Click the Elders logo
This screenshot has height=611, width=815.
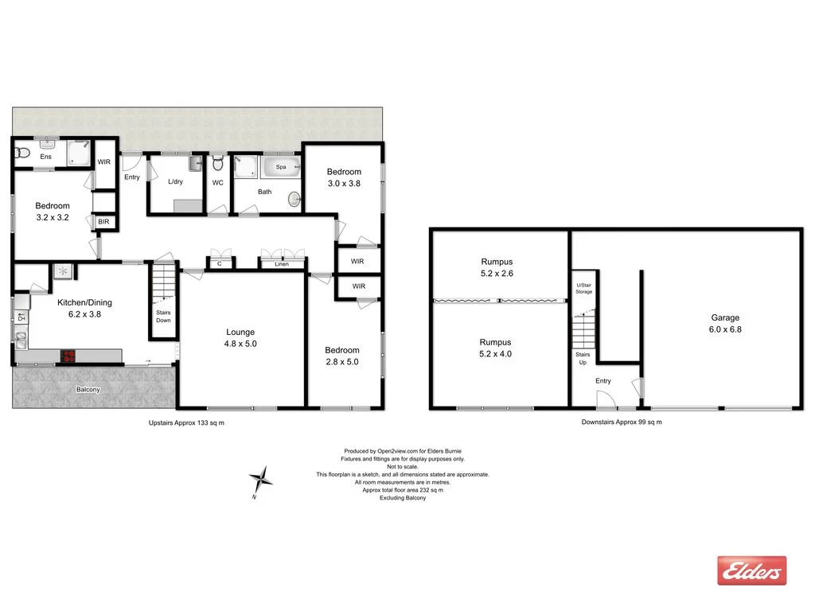coord(751,570)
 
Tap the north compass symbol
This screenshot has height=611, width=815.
coord(261,479)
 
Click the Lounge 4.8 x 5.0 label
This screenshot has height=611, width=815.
coord(240,338)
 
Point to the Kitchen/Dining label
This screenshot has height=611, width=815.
coord(84,308)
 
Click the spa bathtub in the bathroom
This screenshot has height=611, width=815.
coord(281,168)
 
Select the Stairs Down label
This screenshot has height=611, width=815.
coord(163,316)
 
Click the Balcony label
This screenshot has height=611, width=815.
coord(88,390)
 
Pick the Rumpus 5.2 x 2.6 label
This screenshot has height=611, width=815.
coord(497,267)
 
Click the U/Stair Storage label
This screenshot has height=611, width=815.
coord(584,289)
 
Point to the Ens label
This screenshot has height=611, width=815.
coord(45,157)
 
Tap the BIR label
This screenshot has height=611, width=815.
coord(103,222)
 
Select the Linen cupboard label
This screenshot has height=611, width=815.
coord(283,264)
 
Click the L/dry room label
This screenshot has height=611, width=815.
coord(176,182)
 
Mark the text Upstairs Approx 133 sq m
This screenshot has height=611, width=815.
coord(187,422)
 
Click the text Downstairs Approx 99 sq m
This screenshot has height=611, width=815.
coord(622,422)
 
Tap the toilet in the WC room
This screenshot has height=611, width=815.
coord(218,163)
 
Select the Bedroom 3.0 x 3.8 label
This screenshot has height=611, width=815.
coord(344,177)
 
